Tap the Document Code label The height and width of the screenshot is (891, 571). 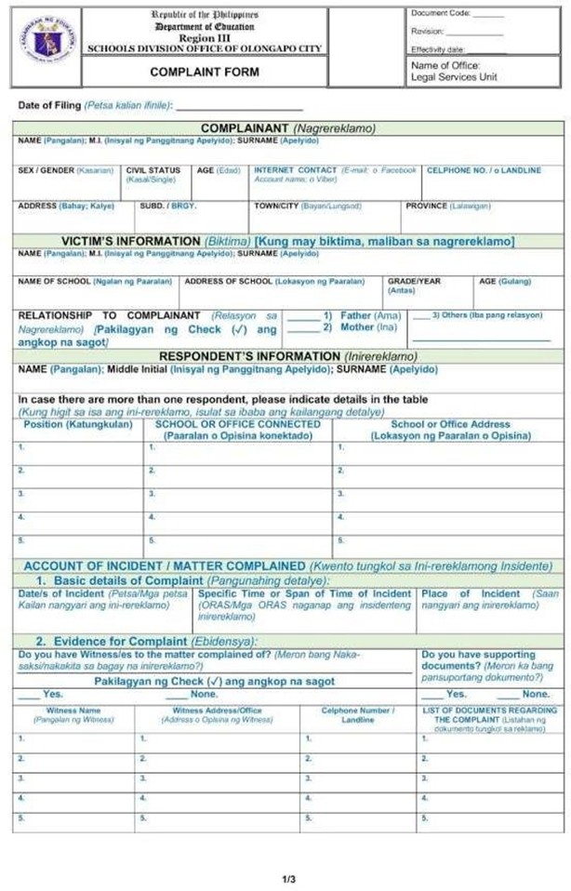coord(441,13)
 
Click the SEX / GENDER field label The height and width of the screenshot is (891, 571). coord(64,170)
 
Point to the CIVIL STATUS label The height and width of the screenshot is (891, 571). coord(153,170)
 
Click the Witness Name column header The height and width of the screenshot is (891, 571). coord(73,711)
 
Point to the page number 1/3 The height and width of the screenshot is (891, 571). coord(288,878)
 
